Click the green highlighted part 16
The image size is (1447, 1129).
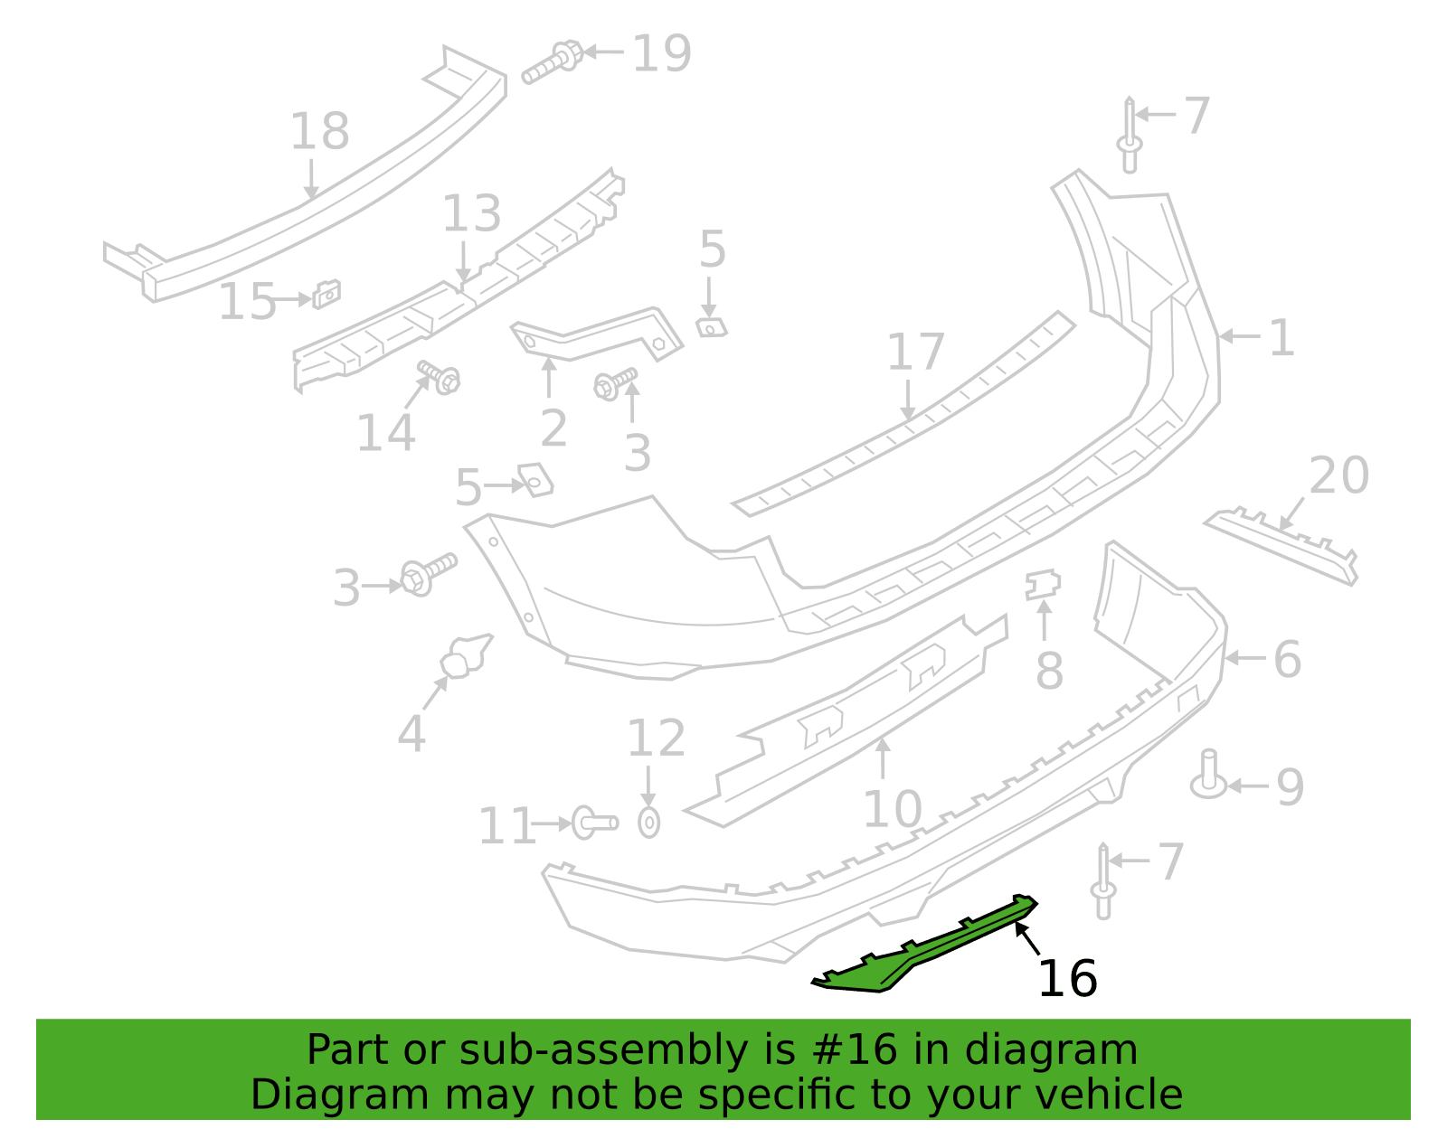[932, 948]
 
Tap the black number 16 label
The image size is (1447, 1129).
[1068, 979]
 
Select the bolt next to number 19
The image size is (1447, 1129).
[552, 62]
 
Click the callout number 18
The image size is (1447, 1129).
[319, 131]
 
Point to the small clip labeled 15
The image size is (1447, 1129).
[326, 294]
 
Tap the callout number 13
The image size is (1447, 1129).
[471, 213]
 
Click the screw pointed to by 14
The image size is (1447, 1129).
[440, 377]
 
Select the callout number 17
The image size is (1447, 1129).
[916, 352]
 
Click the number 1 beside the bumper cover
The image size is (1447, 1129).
[1281, 338]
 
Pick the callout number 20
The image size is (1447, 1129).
[1339, 475]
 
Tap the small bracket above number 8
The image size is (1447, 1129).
[1043, 584]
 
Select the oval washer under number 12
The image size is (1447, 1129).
[648, 823]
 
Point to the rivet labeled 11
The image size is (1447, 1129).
[594, 823]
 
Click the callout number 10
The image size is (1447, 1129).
[893, 810]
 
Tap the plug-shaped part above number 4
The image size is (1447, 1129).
[465, 656]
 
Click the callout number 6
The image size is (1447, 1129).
[1287, 659]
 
